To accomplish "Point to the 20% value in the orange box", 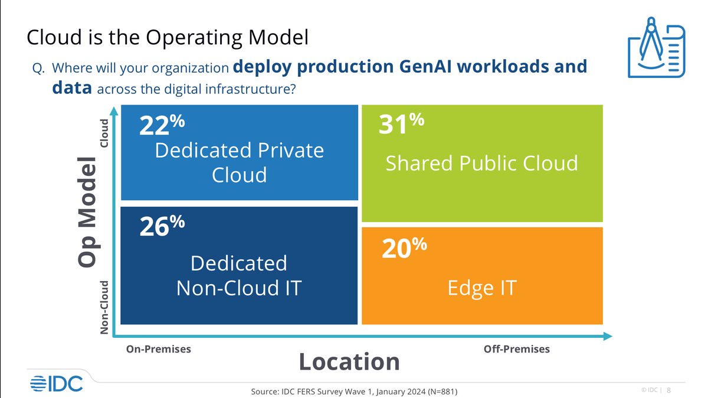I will (404, 249).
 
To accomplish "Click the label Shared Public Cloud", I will (481, 163).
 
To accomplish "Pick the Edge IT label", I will (481, 288).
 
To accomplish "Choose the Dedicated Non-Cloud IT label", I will (239, 276).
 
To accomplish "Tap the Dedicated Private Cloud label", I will (239, 162).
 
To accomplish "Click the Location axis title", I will (349, 361).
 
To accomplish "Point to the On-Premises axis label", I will (159, 349).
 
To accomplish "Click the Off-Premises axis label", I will (516, 349).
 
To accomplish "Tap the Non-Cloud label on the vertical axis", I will (104, 308).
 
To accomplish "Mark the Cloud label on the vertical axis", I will (104, 133).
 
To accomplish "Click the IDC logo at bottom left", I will (56, 383).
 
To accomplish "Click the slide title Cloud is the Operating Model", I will (168, 38).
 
